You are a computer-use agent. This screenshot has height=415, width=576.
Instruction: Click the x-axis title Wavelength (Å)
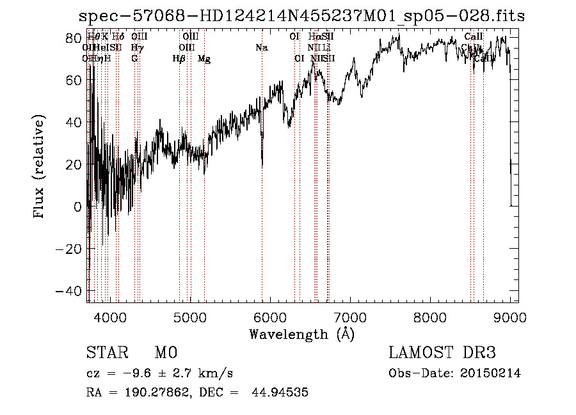301,334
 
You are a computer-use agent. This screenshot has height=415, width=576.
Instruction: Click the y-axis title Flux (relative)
40,167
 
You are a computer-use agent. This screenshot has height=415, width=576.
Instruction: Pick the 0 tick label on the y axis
77,207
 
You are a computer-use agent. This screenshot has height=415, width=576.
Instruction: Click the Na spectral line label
261,48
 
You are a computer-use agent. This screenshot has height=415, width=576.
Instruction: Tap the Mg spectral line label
204,59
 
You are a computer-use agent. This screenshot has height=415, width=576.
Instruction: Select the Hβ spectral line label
179,59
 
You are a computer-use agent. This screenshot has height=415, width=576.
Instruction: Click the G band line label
134,59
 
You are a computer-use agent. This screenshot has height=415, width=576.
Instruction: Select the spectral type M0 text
165,353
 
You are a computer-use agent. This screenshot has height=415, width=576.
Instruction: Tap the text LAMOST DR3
442,353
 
